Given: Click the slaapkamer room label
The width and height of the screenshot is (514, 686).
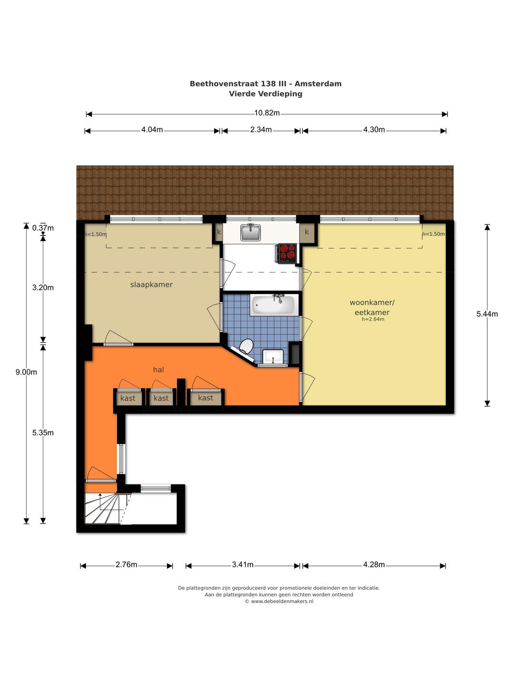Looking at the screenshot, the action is click(x=151, y=284).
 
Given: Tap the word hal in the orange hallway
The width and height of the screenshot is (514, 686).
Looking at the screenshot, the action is click(x=158, y=370).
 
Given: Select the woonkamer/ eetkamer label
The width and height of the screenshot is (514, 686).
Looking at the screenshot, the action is click(x=372, y=307).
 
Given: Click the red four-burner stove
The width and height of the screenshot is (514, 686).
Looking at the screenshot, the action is click(x=287, y=252).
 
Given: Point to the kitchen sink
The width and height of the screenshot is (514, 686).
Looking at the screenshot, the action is click(x=250, y=232).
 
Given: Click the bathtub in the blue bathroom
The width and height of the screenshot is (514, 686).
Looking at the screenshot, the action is click(x=273, y=305).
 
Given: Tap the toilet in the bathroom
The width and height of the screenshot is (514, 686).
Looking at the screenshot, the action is click(x=246, y=346).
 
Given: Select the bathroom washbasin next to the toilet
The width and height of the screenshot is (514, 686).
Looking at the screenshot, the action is click(x=273, y=357).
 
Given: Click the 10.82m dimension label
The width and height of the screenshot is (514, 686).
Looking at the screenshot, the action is click(x=267, y=113).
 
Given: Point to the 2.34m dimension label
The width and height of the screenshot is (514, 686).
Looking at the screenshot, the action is click(x=261, y=130).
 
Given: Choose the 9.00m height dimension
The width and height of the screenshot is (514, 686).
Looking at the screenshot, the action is click(x=26, y=372).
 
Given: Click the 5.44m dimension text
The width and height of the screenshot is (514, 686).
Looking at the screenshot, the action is click(x=487, y=314).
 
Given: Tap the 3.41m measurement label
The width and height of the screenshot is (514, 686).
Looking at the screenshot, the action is click(x=243, y=565).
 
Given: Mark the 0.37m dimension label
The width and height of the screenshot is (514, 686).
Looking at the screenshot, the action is click(x=43, y=228).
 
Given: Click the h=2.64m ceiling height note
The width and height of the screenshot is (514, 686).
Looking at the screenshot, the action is click(x=373, y=319).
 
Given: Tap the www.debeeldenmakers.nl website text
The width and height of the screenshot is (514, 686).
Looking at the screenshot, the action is click(x=282, y=601).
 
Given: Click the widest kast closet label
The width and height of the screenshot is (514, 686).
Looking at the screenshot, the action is click(x=205, y=397).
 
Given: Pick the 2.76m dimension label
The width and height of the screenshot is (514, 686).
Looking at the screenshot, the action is click(x=127, y=565).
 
